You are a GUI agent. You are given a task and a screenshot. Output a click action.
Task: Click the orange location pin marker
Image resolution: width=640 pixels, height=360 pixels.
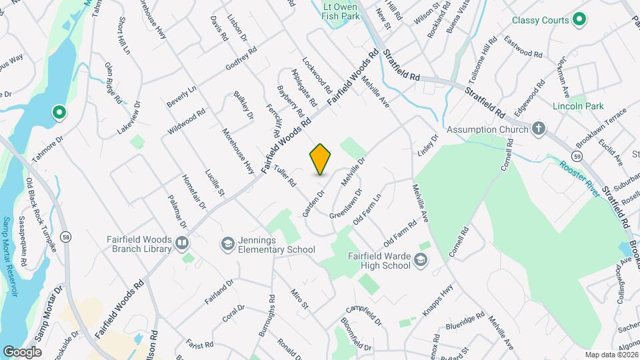[321, 159]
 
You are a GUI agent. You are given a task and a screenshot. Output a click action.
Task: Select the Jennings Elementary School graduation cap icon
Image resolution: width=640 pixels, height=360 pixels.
[228, 244]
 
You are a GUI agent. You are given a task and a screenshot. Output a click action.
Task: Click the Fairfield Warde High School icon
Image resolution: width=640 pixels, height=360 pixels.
[421, 259]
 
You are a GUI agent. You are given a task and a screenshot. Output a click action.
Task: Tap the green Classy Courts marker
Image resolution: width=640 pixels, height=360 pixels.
[579, 20]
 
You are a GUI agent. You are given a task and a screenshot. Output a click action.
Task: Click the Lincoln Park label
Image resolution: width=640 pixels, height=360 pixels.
[577, 106]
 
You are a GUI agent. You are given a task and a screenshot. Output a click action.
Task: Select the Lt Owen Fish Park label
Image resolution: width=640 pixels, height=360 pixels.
[341, 11]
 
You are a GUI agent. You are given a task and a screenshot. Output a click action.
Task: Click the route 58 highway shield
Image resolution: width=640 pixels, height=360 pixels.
[65, 236]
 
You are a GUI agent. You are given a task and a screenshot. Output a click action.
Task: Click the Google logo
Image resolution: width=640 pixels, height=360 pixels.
[22, 351]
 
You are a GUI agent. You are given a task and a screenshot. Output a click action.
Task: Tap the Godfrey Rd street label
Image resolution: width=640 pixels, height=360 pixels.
[241, 59]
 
